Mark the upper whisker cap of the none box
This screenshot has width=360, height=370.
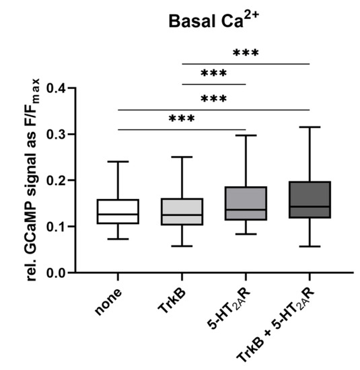[118, 161]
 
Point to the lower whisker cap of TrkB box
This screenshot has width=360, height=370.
[182, 246]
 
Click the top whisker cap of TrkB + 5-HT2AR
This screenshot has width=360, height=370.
[309, 126]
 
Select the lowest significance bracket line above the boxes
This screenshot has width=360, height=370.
[182, 129]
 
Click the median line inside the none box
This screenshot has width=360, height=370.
[118, 214]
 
